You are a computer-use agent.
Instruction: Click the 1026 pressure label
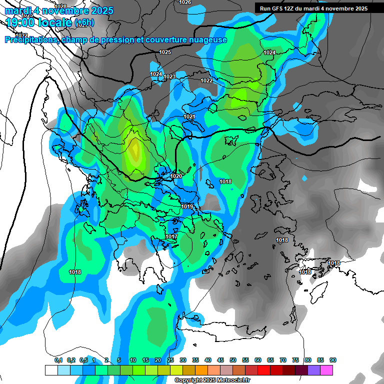(x=185, y=2)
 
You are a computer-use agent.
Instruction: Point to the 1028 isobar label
(x=60, y=6)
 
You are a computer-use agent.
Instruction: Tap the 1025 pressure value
(x=165, y=52)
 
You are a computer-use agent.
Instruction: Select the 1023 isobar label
(x=169, y=76)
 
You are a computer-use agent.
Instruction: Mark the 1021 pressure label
(x=189, y=116)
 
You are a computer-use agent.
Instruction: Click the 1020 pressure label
(x=176, y=176)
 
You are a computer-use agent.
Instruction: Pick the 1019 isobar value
(x=187, y=206)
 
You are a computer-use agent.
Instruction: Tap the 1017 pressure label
(x=171, y=236)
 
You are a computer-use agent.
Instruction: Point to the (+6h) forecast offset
(x=84, y=23)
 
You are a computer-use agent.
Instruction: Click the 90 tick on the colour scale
(x=333, y=360)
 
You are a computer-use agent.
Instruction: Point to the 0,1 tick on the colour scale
(x=58, y=360)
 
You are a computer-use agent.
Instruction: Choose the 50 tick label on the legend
(x=233, y=360)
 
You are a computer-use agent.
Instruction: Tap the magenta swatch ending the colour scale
(x=326, y=370)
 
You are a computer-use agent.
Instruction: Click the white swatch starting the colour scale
(x=51, y=370)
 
